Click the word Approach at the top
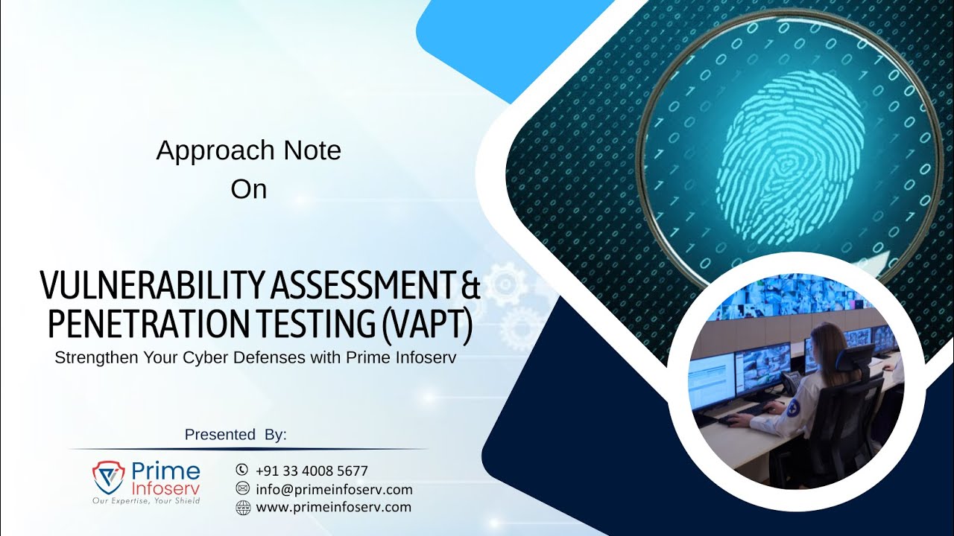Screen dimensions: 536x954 pos(207,151)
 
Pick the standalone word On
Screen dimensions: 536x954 pos(248,189)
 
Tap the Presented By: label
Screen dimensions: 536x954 pos(236,435)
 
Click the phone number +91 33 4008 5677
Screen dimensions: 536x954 pos(312,470)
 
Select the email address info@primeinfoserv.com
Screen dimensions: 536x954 pos(334,489)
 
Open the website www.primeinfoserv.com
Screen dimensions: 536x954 pos(333,507)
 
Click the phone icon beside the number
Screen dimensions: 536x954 pos(241,470)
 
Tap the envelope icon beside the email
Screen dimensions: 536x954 pos(242,488)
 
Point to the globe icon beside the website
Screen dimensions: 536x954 pos(242,508)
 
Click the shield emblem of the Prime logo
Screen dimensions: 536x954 pos(109,477)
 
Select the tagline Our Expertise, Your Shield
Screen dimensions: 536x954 pos(146,501)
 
